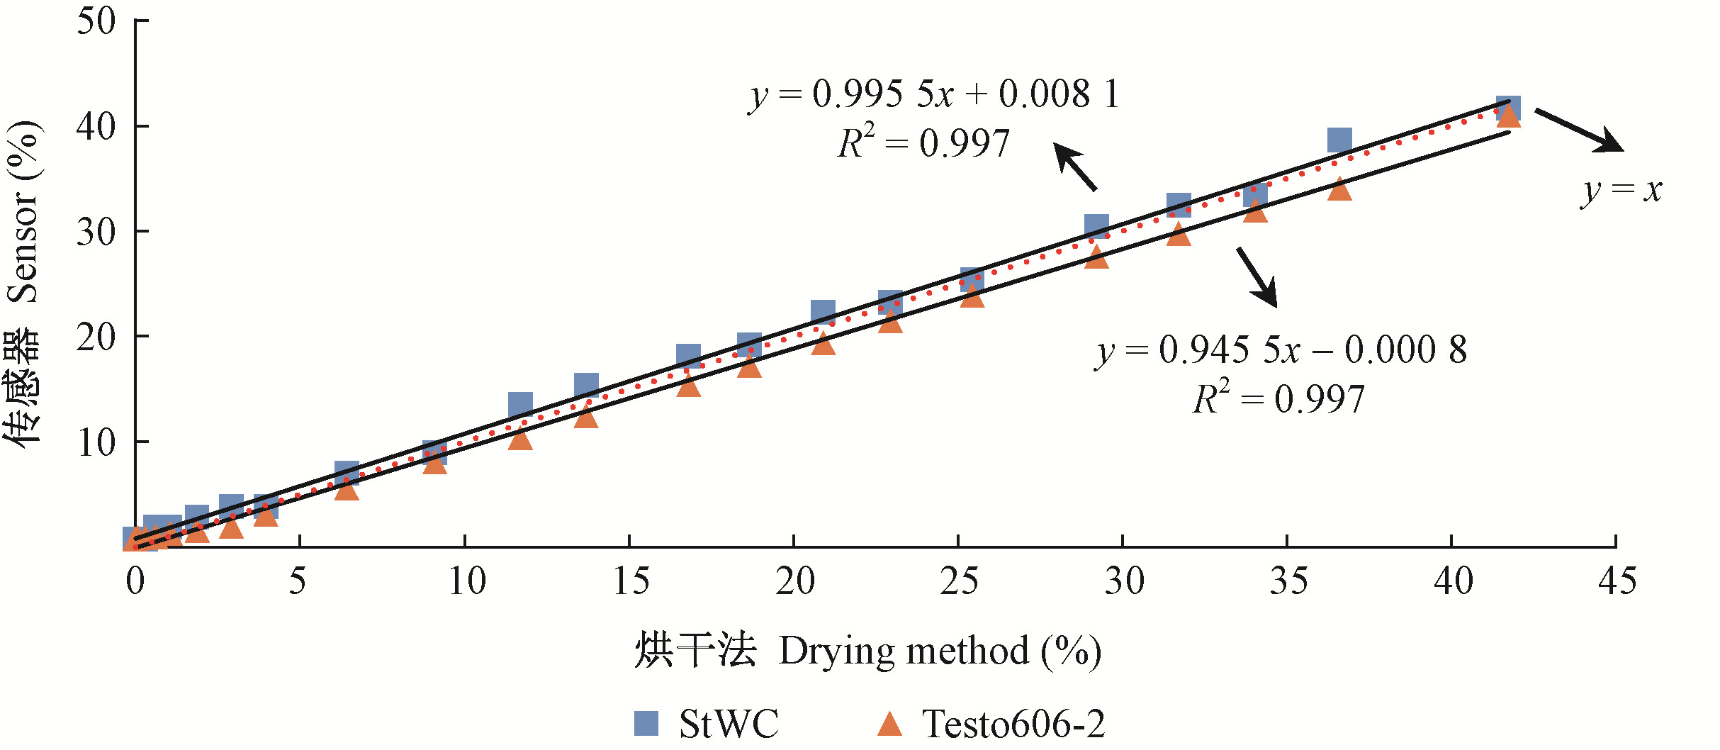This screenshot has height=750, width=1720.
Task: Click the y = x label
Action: (1621, 190)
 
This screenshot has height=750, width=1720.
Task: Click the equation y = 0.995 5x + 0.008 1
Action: (934, 94)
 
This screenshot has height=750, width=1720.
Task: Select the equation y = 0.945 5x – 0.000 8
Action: (1281, 350)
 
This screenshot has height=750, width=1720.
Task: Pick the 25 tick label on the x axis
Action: (959, 581)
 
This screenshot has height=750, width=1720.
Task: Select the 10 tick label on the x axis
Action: (466, 581)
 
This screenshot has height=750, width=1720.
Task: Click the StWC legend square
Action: (646, 723)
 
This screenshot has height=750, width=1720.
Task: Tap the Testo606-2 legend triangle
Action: (889, 724)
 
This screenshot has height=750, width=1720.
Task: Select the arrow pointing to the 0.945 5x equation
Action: (1257, 277)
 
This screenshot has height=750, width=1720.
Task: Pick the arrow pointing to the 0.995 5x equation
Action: (1075, 167)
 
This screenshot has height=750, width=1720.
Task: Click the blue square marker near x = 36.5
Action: (1339, 140)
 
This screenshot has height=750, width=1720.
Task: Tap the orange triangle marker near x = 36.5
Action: (1339, 190)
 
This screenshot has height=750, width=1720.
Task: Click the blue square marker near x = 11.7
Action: (520, 404)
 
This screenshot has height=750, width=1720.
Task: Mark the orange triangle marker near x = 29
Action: (1096, 257)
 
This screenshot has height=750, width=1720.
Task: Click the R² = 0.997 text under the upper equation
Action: (923, 144)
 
